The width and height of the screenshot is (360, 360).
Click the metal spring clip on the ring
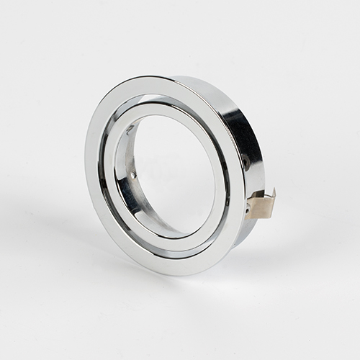tap(260, 206)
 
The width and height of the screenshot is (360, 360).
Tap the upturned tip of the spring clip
tap(272, 193)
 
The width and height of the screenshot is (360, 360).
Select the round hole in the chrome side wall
tap(246, 165)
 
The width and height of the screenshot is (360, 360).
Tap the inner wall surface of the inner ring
tap(126, 187)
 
